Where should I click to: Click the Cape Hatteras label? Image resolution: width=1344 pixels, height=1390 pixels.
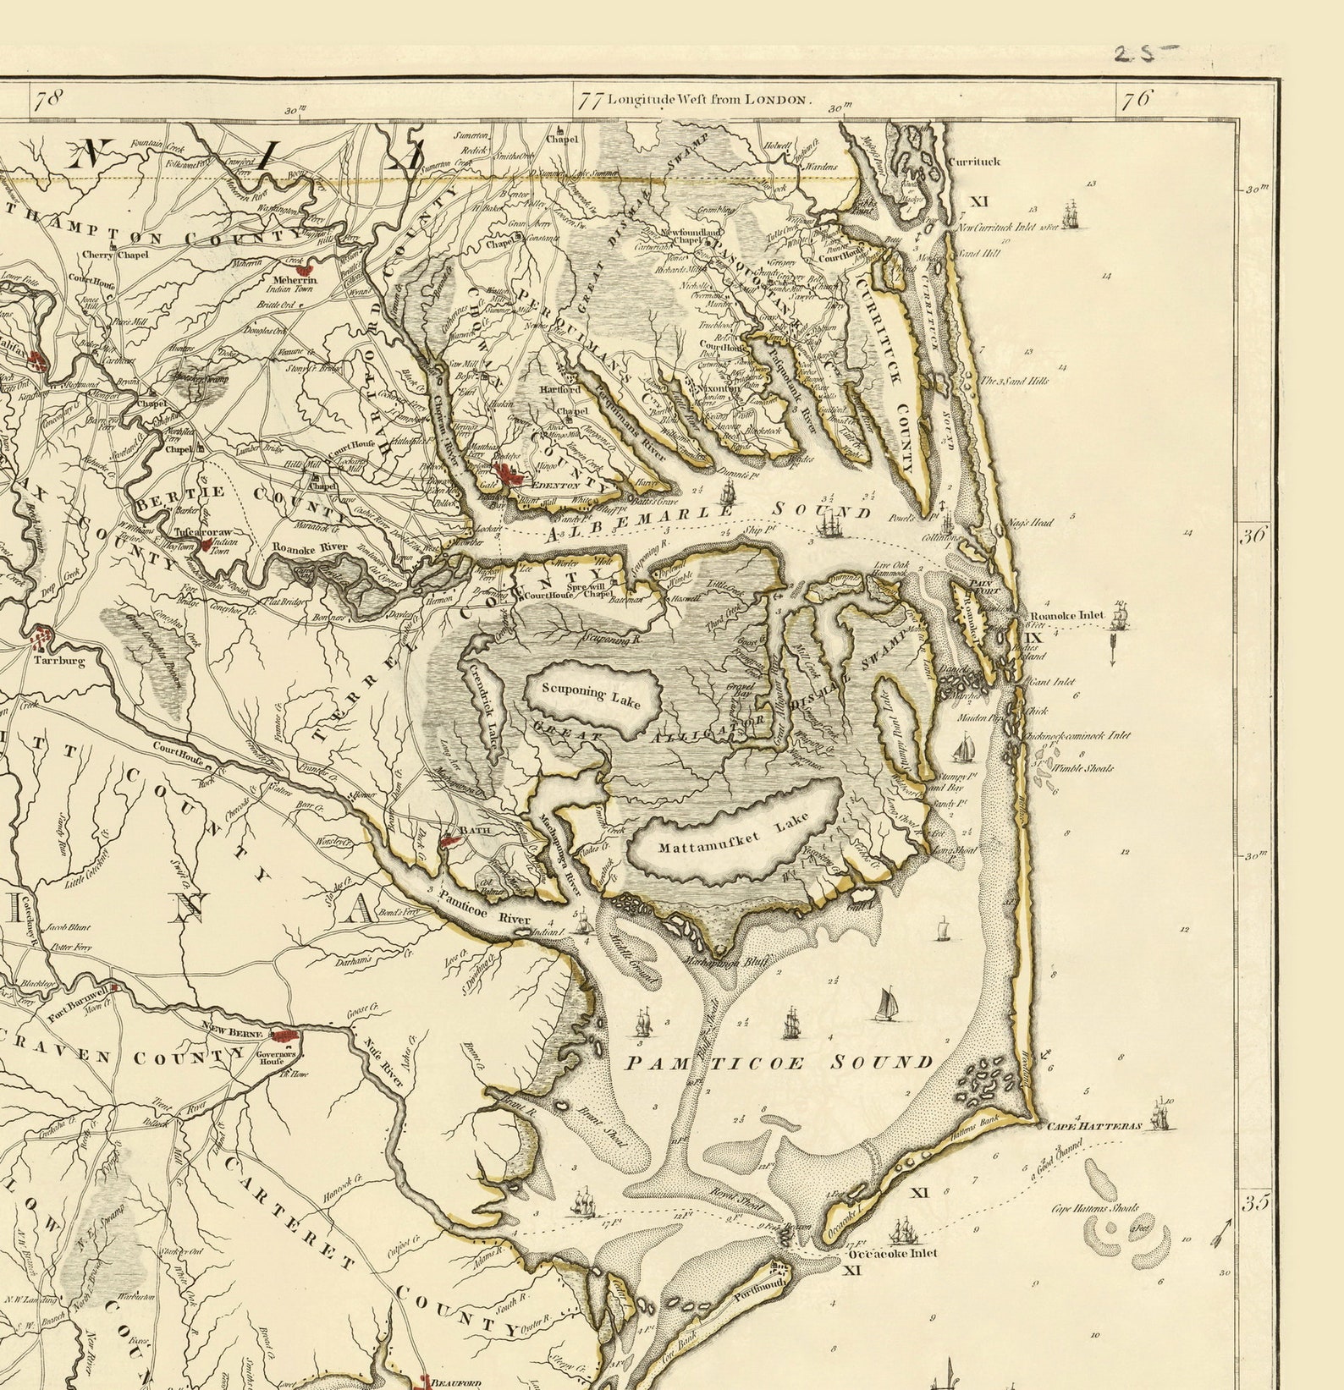tap(1094, 1127)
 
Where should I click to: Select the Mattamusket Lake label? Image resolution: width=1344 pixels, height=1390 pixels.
tap(733, 834)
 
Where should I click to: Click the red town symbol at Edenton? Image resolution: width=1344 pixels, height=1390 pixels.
tap(510, 475)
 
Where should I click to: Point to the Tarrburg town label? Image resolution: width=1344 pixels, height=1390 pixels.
tap(59, 660)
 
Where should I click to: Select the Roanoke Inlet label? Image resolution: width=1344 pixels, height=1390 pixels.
tap(1066, 615)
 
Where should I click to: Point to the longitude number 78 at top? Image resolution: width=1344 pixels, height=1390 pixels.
tap(47, 99)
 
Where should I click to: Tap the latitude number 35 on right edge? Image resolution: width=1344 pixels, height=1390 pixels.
tap(1253, 1202)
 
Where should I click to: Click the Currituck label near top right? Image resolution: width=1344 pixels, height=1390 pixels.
tap(973, 161)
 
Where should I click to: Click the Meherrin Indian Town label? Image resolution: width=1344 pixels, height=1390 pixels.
tap(294, 284)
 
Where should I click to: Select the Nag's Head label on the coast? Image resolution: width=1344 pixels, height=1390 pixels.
tap(1030, 522)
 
